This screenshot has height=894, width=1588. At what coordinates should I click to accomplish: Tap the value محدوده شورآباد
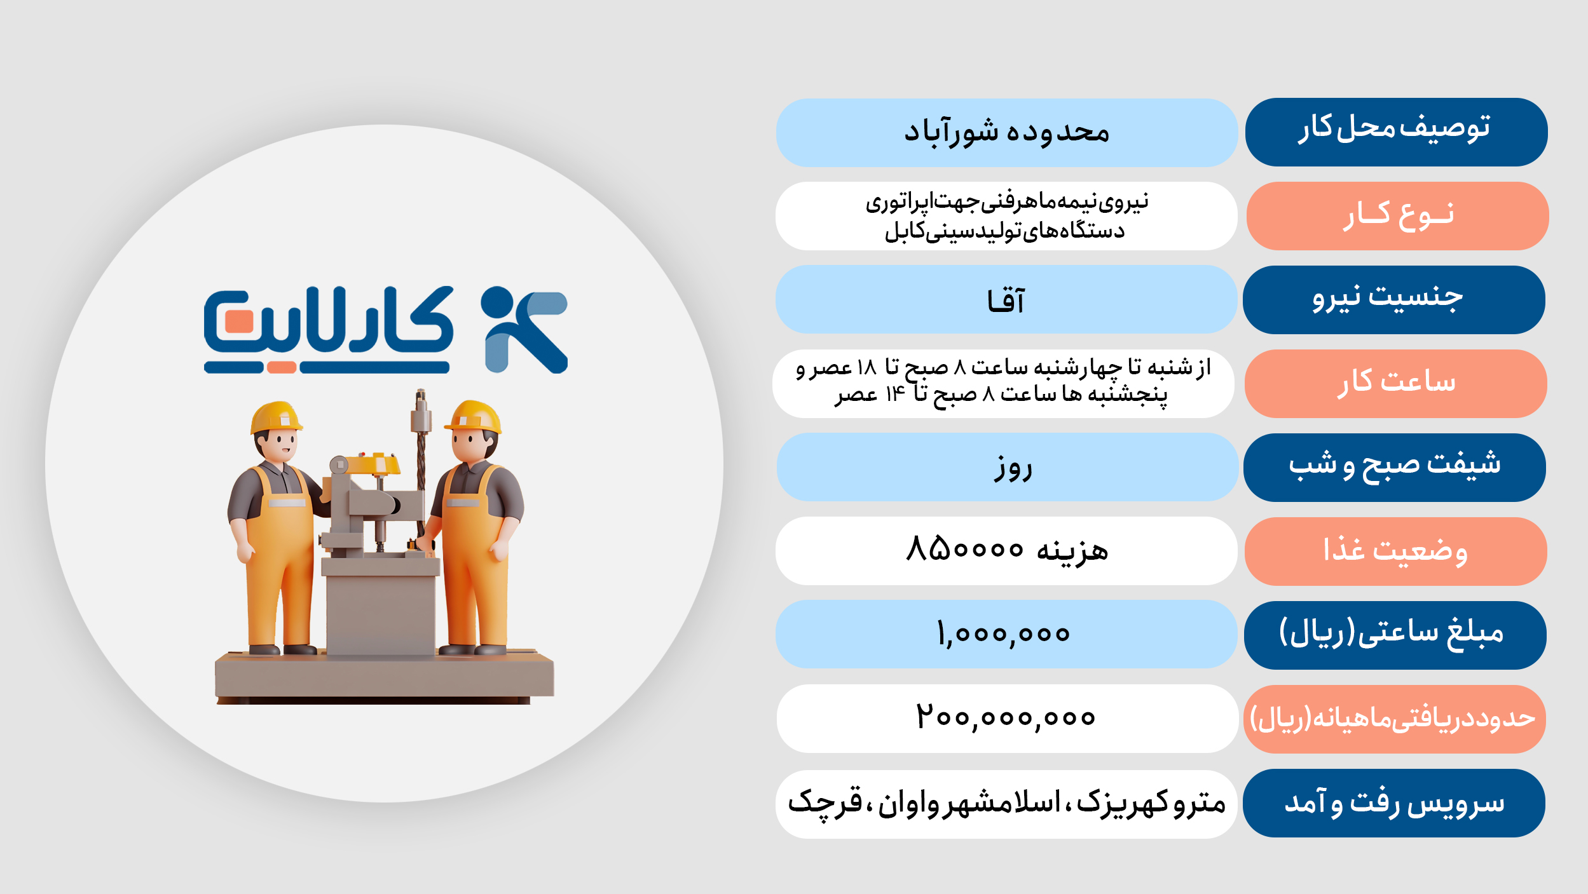[1006, 133]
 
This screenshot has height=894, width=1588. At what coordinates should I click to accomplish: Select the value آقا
[1006, 300]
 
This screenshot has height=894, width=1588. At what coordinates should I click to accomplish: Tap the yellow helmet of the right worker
[474, 417]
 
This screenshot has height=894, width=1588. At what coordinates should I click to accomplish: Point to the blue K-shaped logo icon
[524, 329]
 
